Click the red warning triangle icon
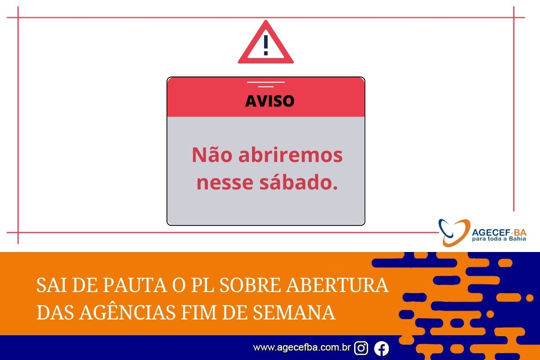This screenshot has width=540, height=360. pyautogui.click(x=265, y=58)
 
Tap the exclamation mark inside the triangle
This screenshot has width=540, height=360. pyautogui.click(x=265, y=45)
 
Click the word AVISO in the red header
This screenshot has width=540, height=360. pyautogui.click(x=270, y=101)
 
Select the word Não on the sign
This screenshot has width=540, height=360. pyautogui.click(x=212, y=154)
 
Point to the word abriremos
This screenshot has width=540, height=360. pyautogui.click(x=291, y=154)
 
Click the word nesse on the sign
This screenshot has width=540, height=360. pyautogui.click(x=225, y=183)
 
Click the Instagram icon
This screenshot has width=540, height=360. pyautogui.click(x=361, y=348)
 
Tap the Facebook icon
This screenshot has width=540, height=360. pyautogui.click(x=382, y=348)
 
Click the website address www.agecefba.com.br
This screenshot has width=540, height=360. pyautogui.click(x=302, y=347)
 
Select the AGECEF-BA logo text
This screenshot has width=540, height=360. pyautogui.click(x=499, y=232)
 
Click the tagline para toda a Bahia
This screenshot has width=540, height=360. pyautogui.click(x=499, y=239)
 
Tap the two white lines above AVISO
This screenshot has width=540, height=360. pyautogui.click(x=265, y=85)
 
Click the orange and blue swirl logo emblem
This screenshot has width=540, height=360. pyautogui.click(x=454, y=233)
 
